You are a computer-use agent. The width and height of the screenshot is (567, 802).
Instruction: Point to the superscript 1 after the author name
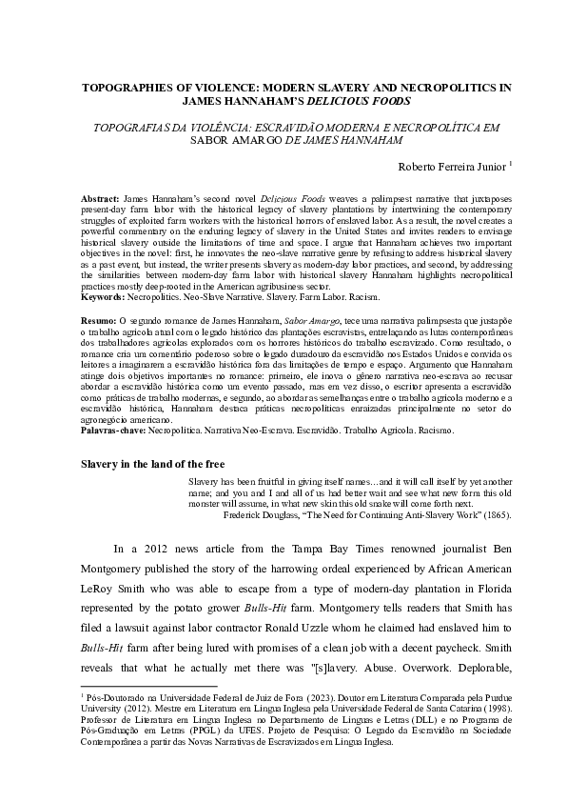coord(511,162)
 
